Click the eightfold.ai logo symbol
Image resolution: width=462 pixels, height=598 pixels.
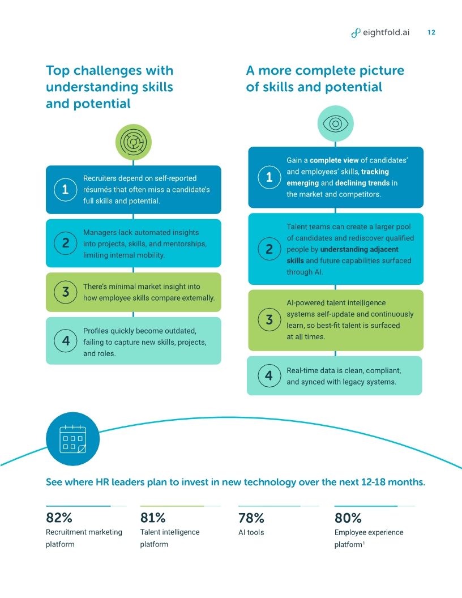356,33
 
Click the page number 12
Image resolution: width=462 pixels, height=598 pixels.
431,33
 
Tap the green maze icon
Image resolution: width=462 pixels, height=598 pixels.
133,142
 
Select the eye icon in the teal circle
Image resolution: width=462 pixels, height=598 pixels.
335,124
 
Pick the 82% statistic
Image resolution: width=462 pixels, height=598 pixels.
59,518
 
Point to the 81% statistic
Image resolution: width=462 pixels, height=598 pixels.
153,518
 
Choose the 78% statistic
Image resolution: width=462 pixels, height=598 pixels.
251,518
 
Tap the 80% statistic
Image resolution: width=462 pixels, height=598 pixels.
348,518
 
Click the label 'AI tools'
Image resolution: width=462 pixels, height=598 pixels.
251,532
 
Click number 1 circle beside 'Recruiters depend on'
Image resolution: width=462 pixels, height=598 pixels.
66,190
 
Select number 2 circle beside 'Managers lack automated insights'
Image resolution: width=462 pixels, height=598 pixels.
66,243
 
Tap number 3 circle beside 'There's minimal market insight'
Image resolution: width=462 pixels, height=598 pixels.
66,292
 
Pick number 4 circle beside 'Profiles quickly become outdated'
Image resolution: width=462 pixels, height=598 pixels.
66,341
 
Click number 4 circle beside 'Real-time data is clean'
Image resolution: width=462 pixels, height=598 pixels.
269,375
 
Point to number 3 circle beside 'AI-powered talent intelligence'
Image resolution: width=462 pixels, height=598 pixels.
269,320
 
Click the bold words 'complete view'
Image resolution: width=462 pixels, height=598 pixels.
334,160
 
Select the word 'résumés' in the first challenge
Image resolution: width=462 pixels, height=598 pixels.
97,190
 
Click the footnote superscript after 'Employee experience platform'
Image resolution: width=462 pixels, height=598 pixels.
363,543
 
